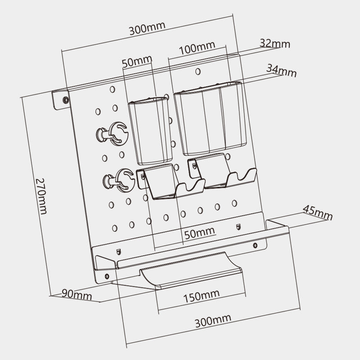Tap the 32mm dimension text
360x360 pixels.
274,44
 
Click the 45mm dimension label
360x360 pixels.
317,212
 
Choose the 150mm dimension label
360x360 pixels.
201,295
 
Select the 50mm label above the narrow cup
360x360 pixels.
137,61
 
